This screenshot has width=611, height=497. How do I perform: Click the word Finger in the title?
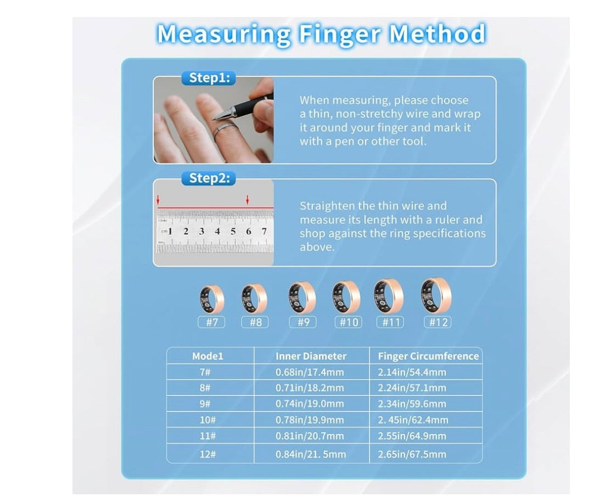[339, 34]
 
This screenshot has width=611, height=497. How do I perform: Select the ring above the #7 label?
[211, 299]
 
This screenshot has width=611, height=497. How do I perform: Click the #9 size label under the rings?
[303, 322]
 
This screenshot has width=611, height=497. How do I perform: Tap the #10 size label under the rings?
[349, 322]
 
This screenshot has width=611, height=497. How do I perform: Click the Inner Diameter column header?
[311, 356]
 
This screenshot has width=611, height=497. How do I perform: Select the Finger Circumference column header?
[428, 356]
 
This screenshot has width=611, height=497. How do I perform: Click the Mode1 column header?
[208, 356]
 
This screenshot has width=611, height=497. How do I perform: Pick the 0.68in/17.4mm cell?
[310, 372]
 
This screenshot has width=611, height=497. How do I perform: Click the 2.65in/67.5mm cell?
[412, 454]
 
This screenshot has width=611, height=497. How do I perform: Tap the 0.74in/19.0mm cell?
[310, 404]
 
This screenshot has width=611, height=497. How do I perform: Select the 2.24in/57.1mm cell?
[412, 388]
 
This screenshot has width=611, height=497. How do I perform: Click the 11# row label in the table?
[208, 436]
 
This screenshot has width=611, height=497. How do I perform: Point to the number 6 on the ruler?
[248, 231]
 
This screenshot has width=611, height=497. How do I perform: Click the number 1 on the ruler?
[170, 231]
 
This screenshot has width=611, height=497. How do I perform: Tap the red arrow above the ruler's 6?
[247, 200]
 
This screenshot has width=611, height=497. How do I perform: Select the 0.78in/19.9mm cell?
[310, 420]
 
